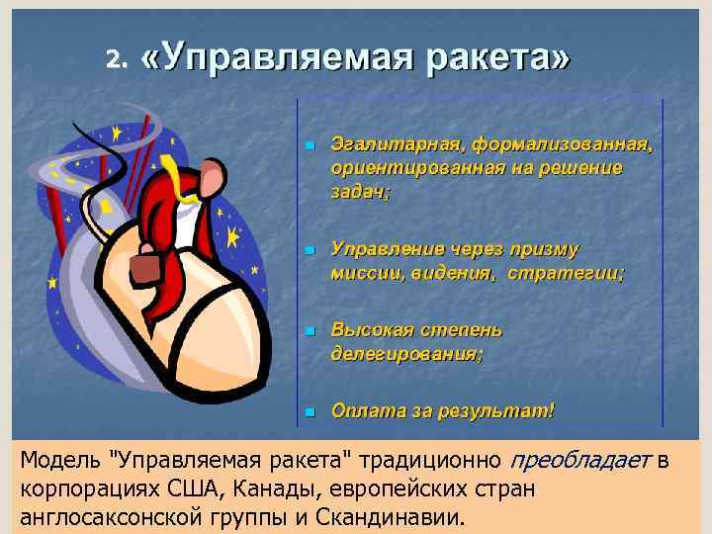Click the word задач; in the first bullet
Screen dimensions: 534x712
pos(360,193)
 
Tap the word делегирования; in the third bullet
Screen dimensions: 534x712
pos(406,353)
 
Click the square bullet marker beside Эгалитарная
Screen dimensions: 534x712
pos(309,146)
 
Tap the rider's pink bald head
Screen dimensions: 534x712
pos(213,177)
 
